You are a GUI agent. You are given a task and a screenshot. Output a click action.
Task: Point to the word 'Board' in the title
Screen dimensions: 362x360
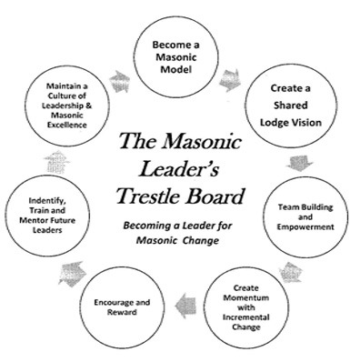[217, 196]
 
